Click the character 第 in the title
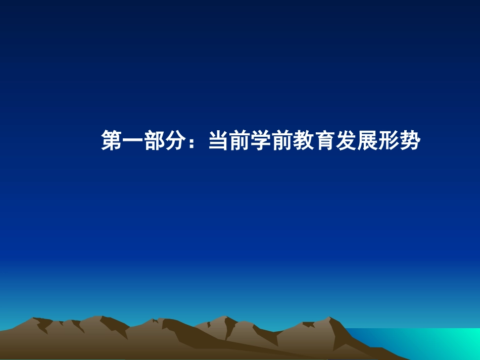point(112,141)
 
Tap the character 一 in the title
point(133,141)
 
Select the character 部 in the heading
point(154,141)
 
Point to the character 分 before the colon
point(175,141)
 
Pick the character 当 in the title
point(218,141)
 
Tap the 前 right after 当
point(239,141)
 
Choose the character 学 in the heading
point(260,141)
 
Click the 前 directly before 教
point(281,141)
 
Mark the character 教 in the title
point(303,141)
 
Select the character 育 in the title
point(324,141)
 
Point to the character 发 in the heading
point(345,141)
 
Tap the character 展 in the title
point(366,141)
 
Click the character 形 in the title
point(388,141)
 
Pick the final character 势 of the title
point(409,141)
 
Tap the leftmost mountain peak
point(34,320)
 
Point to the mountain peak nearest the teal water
point(329,319)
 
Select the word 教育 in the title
point(313,141)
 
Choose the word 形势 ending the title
point(398,141)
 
